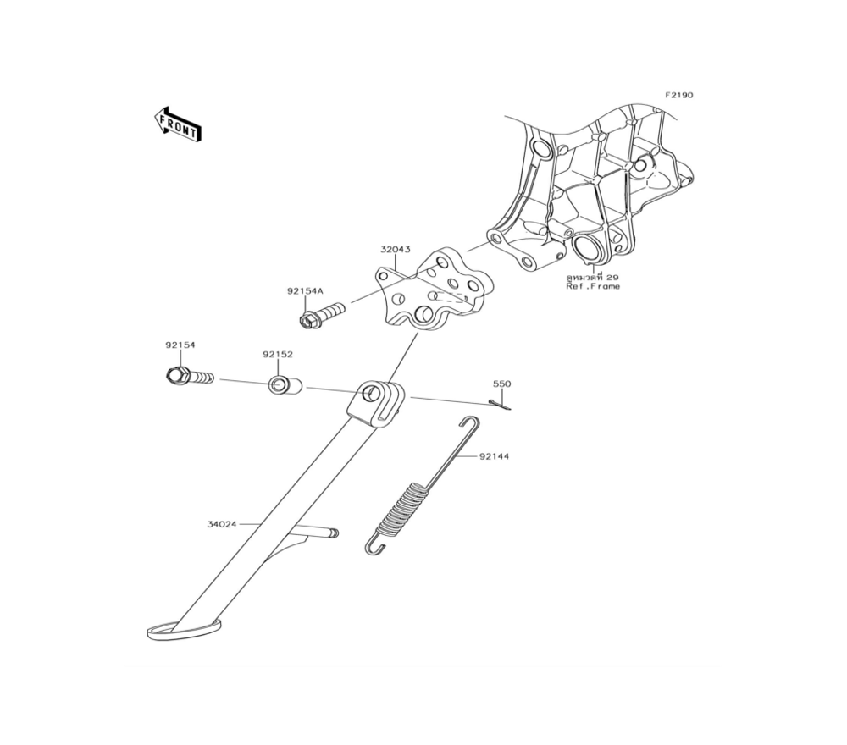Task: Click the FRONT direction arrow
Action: point(178,124)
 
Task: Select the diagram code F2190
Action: point(678,95)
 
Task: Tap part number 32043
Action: point(396,250)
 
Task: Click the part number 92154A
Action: point(305,291)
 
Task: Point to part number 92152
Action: point(278,355)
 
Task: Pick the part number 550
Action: point(501,384)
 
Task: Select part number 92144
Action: point(495,456)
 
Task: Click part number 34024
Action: point(222,524)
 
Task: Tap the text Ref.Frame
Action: point(593,286)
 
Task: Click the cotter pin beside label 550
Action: point(499,405)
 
